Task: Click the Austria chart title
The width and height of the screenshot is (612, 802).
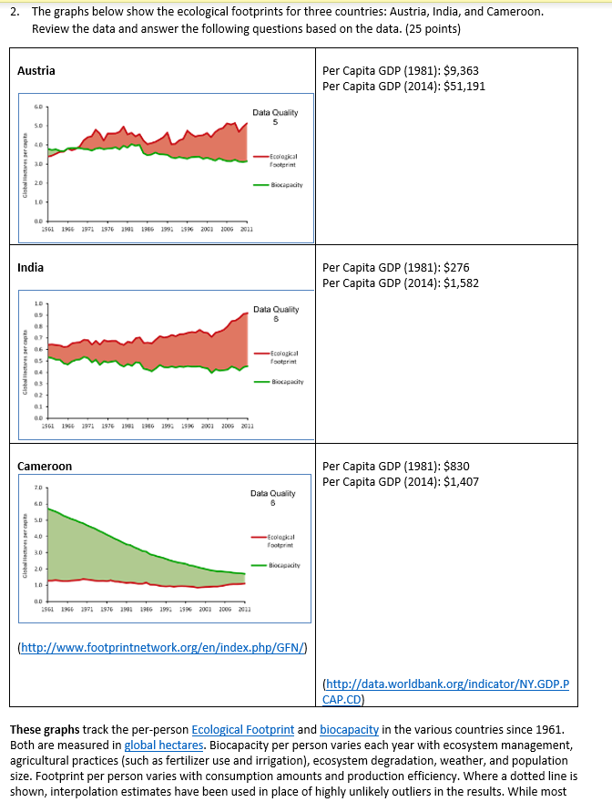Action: point(36,70)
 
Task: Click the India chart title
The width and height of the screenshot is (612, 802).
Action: point(31,267)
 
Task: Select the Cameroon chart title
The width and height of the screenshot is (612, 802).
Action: point(45,466)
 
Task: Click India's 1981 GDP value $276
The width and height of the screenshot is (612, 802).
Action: point(455,267)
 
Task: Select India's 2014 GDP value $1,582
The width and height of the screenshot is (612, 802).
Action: point(458,283)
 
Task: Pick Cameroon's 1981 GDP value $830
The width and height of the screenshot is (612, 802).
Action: point(455,466)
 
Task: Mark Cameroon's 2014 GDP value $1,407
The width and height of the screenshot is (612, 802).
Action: point(458,481)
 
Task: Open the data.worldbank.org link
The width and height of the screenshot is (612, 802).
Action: point(446,692)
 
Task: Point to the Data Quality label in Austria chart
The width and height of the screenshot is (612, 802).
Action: point(274,113)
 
